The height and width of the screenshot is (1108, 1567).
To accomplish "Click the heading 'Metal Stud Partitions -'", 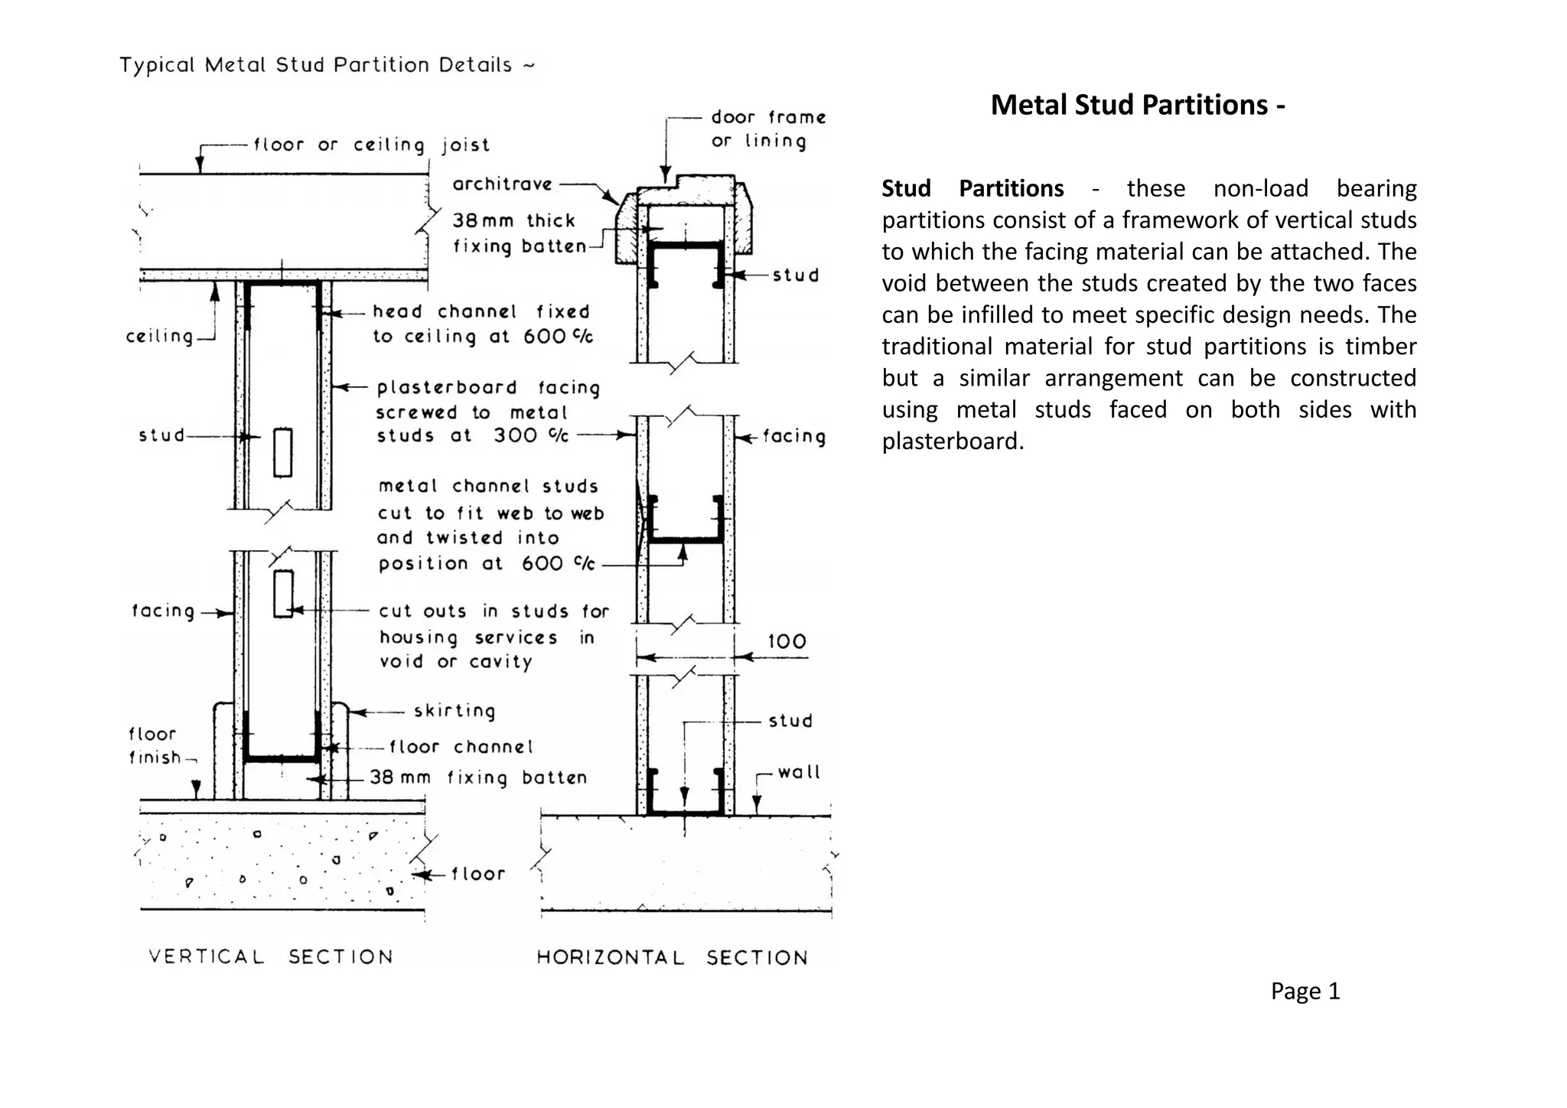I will [1137, 105].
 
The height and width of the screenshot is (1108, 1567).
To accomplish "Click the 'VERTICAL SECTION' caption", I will [271, 956].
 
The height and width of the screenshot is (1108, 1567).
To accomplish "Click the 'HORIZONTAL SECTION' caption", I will [672, 957].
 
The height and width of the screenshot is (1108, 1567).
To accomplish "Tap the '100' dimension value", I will [787, 641].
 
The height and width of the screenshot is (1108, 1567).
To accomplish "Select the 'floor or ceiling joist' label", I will [371, 145].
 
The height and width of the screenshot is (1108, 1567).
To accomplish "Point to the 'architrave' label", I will [502, 184].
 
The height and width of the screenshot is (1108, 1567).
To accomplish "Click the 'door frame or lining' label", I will [767, 129].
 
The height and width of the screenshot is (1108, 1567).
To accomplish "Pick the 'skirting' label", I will [454, 711].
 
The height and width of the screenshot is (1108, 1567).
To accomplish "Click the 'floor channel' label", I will [461, 747].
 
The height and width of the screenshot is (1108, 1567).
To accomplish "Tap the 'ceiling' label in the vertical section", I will [159, 336].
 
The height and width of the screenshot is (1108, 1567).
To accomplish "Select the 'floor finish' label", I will [155, 746].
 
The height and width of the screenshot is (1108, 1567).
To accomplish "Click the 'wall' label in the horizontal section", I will [798, 772].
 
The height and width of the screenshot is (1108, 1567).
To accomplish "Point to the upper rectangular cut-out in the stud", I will [282, 452].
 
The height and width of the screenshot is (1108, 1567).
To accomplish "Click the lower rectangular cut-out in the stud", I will [283, 593].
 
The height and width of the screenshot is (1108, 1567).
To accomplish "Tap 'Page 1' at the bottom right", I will [1305, 991].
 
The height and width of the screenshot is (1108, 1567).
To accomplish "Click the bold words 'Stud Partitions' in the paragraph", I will [972, 188].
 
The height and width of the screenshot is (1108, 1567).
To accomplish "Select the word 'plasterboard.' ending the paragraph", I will [952, 442].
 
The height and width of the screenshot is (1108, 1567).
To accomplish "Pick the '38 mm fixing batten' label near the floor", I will [478, 778].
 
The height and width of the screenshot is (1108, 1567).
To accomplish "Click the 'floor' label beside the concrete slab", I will [478, 874].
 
